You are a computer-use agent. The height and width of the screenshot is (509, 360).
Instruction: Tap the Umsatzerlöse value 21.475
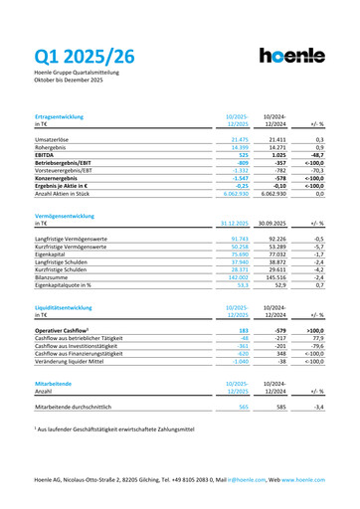click(x=235, y=141)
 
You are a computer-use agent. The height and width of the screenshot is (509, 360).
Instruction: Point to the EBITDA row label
click(x=47, y=157)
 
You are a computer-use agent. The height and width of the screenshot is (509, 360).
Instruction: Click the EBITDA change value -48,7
click(x=318, y=157)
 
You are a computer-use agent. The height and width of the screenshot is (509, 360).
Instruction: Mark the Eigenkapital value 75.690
click(x=235, y=255)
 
